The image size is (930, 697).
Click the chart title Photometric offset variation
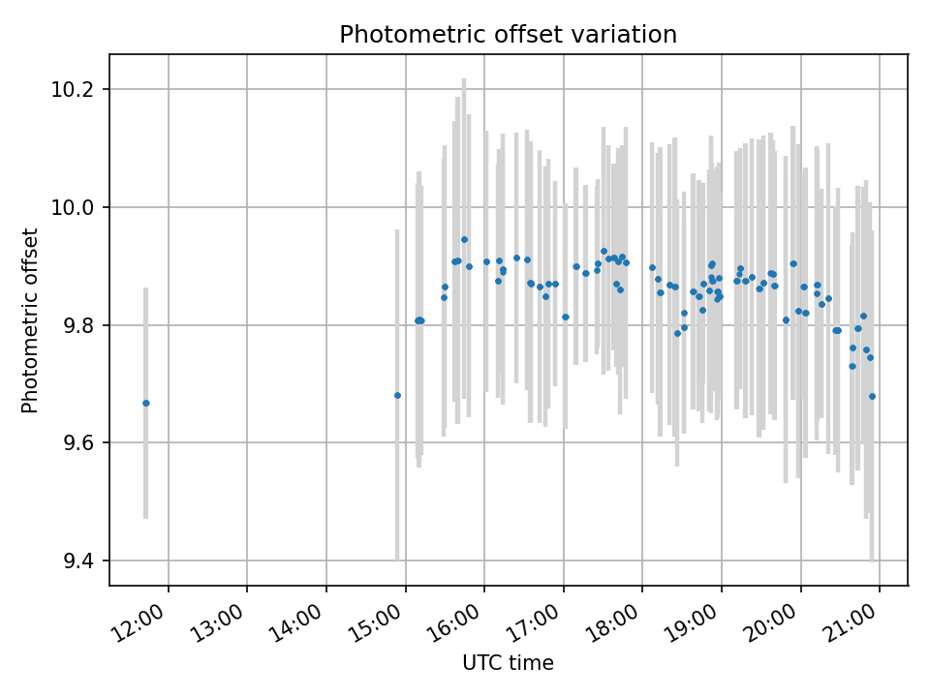click(x=508, y=35)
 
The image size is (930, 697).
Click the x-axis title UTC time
click(x=508, y=663)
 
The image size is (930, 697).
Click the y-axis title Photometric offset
click(x=30, y=320)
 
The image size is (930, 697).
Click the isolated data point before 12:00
click(x=145, y=403)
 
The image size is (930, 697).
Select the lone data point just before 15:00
click(x=397, y=395)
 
